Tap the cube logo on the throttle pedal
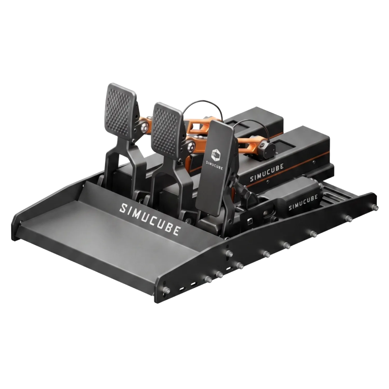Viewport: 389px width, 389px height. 215,154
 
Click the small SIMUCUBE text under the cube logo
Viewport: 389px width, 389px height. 214,165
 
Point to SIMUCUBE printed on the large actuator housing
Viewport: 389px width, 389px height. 267,172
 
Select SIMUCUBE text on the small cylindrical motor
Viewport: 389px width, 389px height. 303,202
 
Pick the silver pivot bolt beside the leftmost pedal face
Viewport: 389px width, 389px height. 143,128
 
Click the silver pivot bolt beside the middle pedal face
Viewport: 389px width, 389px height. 191,147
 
